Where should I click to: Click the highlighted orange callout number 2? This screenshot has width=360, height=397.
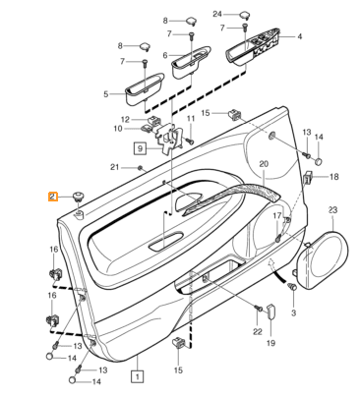tap(53, 197)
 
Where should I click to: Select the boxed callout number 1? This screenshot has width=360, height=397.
tap(137, 376)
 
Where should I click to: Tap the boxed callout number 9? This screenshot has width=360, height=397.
tap(140, 148)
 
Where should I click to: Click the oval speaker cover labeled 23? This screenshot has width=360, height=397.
tap(322, 261)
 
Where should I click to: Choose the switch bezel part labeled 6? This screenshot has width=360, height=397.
tap(190, 62)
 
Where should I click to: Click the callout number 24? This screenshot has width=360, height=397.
tap(217, 14)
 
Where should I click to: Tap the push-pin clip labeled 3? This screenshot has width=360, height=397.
tap(292, 288)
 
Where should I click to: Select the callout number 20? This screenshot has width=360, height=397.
tap(264, 164)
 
